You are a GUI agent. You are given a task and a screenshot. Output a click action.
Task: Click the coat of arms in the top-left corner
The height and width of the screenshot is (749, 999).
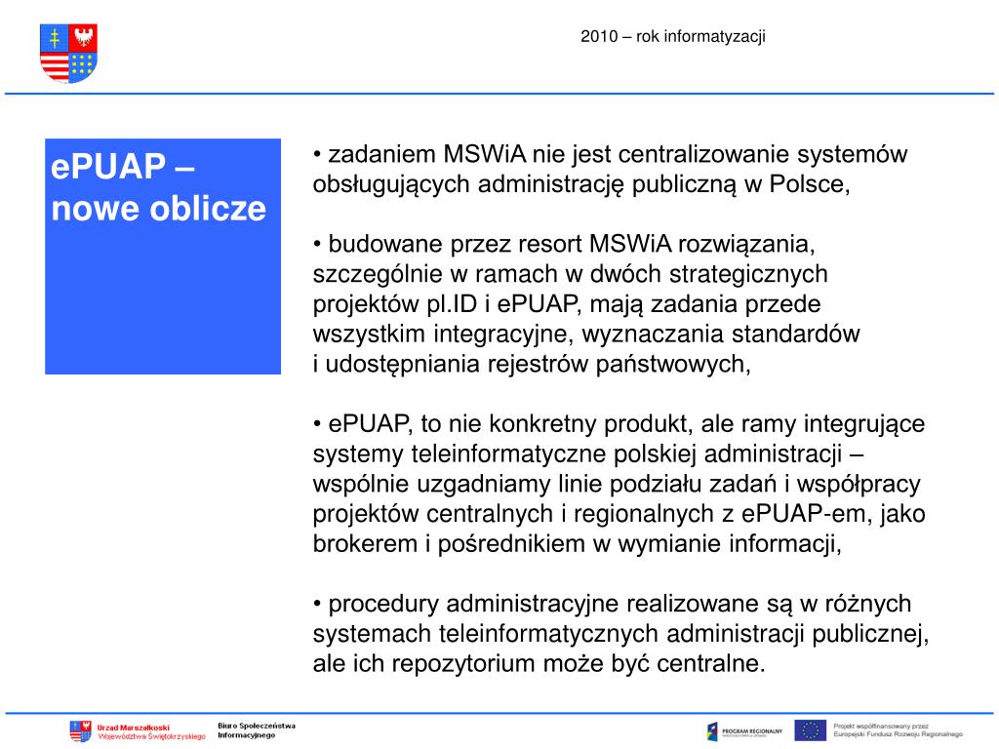coord(68,53)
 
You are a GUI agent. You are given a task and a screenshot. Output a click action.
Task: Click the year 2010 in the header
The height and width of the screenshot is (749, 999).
coord(596,37)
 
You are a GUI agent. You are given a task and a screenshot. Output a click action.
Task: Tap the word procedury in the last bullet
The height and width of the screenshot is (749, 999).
coord(384,605)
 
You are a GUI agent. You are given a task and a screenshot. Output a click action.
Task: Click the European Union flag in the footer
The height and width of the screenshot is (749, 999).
coord(810,730)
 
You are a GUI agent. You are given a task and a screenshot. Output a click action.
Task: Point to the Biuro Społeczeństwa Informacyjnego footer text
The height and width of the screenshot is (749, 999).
coord(256,729)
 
